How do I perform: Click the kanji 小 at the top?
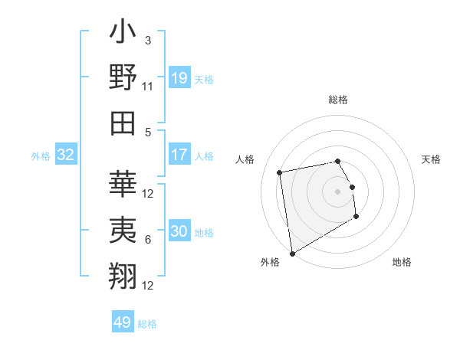(123, 34)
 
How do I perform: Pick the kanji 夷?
(123, 229)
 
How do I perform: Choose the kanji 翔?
(123, 273)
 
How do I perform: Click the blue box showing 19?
(179, 77)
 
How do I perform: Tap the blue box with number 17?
(179, 155)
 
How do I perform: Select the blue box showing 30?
(179, 231)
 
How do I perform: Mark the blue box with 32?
(66, 155)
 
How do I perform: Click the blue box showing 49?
(123, 322)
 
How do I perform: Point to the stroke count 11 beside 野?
(148, 86)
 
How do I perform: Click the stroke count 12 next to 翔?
(148, 285)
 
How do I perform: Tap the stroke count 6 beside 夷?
(148, 240)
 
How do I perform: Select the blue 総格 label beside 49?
(147, 324)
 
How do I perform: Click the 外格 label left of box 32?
(41, 156)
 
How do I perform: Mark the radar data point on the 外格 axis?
(292, 253)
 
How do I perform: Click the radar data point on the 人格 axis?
(280, 172)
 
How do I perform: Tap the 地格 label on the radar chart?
(402, 262)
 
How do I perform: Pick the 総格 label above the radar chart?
(338, 100)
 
